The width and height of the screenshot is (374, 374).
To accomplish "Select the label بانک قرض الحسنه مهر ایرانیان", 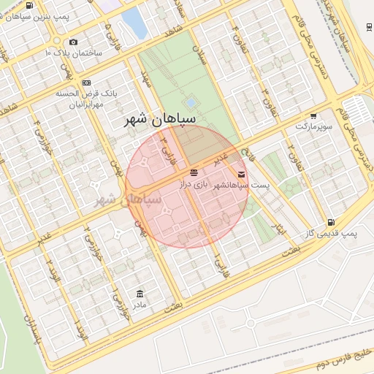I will pyautogui.click(x=86, y=99).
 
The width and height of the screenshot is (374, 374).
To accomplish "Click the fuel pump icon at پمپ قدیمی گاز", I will pyautogui.click(x=332, y=222).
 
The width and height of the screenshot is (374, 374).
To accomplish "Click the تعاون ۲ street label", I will pyautogui.click(x=290, y=154).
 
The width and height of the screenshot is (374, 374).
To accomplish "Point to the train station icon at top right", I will pyautogui.click(x=367, y=28).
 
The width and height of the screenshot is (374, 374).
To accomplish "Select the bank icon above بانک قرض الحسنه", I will pyautogui.click(x=86, y=83).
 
